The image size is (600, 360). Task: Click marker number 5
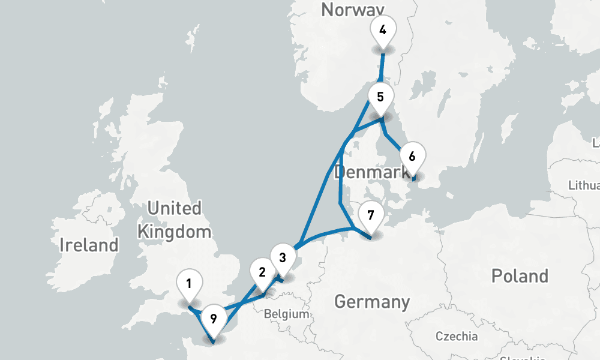click(x=380, y=97)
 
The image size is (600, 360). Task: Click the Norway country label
click(x=352, y=10)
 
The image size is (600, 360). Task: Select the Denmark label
click(x=371, y=173)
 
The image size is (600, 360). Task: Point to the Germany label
click(x=372, y=301)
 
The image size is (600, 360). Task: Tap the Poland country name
click(x=520, y=276)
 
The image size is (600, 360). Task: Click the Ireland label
click(x=89, y=245)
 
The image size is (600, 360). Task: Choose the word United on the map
click(x=174, y=209)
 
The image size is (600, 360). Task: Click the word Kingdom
click(x=174, y=232)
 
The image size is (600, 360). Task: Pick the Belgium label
click(x=286, y=314)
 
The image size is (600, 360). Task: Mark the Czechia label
click(x=457, y=336)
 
